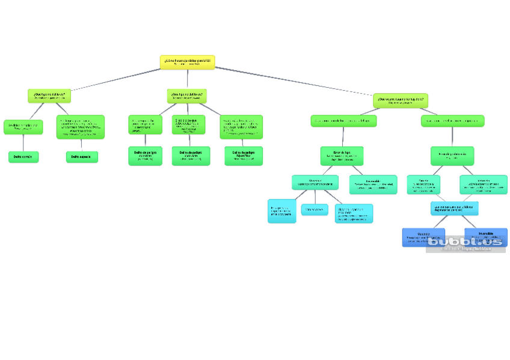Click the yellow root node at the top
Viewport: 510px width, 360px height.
[187, 62]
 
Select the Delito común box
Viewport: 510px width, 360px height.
[23, 157]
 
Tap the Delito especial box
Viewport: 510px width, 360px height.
[82, 157]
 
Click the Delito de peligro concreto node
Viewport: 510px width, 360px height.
[145, 156]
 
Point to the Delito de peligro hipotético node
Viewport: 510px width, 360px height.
[244, 156]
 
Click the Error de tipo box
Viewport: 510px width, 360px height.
[342, 156]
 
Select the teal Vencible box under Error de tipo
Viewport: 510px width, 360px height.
[315, 182]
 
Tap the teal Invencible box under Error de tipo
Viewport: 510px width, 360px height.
[373, 184]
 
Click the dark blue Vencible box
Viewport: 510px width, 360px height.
[423, 237]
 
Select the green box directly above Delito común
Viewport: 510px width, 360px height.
[23, 127]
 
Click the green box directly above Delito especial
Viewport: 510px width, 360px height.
[81, 127]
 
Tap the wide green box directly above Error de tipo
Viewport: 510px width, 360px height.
[344, 121]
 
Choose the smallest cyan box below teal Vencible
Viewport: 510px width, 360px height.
[315, 210]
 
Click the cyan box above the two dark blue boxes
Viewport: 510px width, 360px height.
[455, 208]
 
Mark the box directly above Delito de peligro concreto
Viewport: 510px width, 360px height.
[145, 124]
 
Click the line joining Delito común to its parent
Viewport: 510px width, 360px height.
[23, 143]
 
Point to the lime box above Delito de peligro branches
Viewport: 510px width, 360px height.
[187, 96]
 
